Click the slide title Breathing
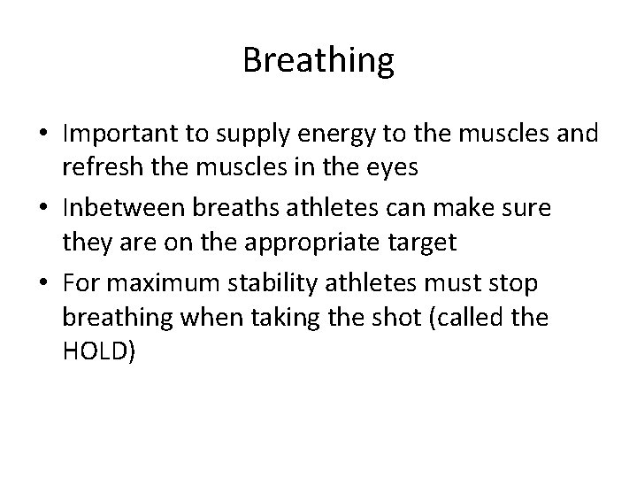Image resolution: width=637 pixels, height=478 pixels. click(x=318, y=61)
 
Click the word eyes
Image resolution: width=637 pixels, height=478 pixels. click(x=368, y=166)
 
